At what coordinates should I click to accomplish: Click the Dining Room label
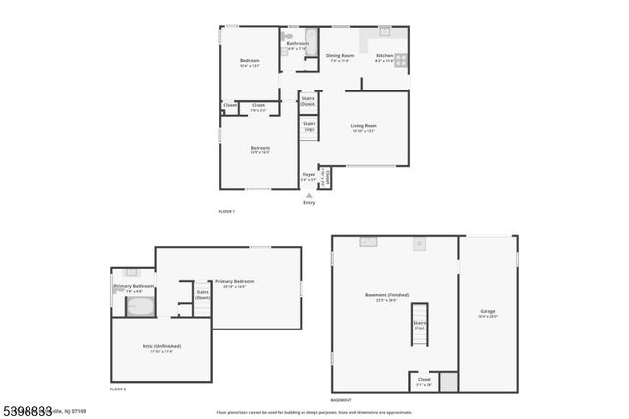click(339, 56)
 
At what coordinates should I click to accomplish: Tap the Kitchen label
click(385, 56)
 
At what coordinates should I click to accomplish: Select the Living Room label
click(364, 127)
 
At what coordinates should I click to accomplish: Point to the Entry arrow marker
click(309, 197)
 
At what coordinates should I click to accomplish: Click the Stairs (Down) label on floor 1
click(308, 100)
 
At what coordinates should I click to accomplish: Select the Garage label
click(487, 314)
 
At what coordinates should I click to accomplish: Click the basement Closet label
click(424, 380)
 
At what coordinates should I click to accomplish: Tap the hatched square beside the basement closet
click(448, 381)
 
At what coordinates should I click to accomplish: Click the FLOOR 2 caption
click(118, 390)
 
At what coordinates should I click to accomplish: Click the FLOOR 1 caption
click(227, 212)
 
